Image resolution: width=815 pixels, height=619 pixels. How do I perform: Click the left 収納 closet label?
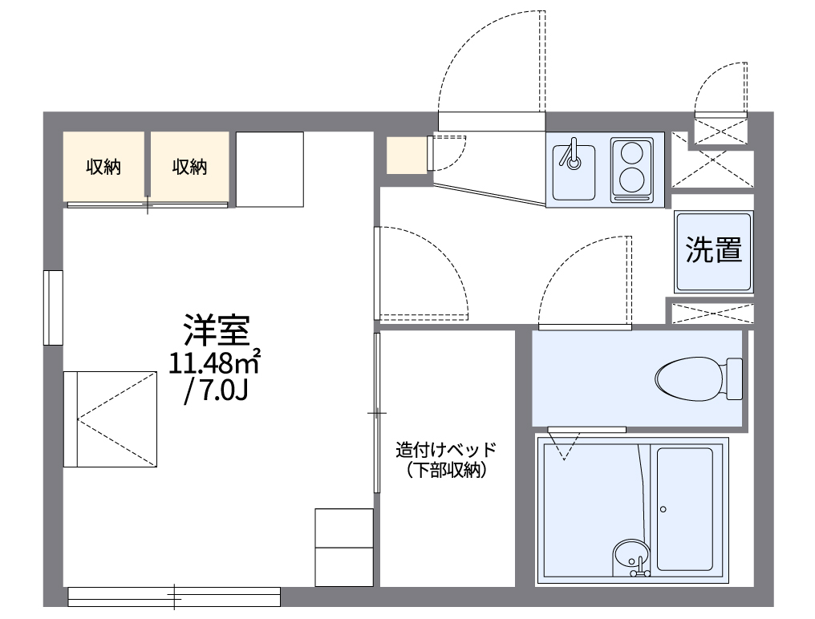(x=103, y=167)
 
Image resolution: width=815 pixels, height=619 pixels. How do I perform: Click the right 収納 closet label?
(x=189, y=167)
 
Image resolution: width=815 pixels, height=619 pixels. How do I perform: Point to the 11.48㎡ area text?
(x=215, y=362)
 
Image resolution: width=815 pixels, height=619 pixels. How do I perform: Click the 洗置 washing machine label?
(x=713, y=251)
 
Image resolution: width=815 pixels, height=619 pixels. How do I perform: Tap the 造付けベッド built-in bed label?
(x=446, y=449)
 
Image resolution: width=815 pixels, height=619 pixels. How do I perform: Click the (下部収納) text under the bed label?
(x=446, y=471)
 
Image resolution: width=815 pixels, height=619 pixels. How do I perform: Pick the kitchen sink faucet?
(x=573, y=157)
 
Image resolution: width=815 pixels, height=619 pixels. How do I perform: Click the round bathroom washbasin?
(x=631, y=555)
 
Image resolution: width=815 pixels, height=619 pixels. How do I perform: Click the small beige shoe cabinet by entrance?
(x=407, y=155)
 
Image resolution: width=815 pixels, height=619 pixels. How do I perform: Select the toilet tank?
(x=734, y=378)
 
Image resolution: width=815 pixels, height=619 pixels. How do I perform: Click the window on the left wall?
(x=54, y=307)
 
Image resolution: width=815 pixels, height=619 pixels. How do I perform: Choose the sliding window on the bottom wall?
(x=174, y=596)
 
